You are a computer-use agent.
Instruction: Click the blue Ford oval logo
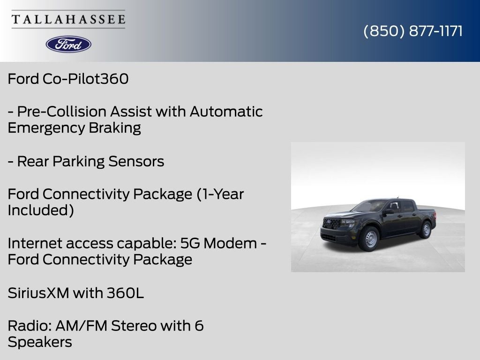68,45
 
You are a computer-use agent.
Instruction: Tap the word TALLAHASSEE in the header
68,19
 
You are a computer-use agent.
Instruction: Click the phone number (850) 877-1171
413,31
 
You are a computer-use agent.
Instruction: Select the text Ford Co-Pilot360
68,79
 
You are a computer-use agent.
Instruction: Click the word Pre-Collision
62,112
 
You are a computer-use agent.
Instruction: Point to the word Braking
115,128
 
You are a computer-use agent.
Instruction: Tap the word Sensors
136,161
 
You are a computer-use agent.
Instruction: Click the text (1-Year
220,194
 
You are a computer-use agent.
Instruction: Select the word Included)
41,210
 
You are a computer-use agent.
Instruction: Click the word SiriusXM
38,293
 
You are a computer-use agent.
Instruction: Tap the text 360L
125,293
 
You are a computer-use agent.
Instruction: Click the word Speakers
40,342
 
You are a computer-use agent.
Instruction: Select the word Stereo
134,326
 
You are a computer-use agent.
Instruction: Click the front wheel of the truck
369,239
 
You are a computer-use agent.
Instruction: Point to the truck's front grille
331,223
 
